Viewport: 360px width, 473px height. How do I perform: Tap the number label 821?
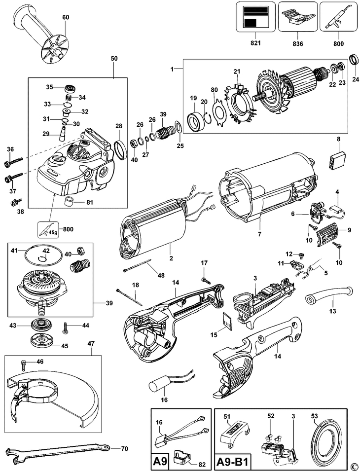pyautogui.click(x=255, y=43)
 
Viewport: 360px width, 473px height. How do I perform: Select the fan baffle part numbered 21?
pyautogui.click(x=239, y=102)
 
